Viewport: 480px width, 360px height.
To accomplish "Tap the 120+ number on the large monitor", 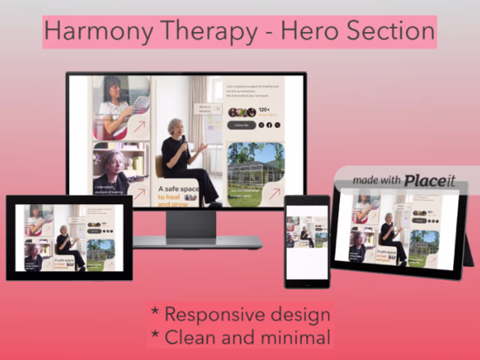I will click(265, 110).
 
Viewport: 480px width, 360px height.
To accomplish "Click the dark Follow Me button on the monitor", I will click(241, 125).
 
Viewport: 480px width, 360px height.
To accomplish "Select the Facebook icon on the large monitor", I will click(269, 125).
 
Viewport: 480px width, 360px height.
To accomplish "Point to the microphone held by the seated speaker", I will click(184, 138).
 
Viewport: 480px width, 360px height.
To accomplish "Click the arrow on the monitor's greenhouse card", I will click(274, 193).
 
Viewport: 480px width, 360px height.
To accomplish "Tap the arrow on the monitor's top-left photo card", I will click(139, 127).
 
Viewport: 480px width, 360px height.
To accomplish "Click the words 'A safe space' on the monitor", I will click(178, 189).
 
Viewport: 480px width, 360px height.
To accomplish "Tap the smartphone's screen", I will click(307, 242).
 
